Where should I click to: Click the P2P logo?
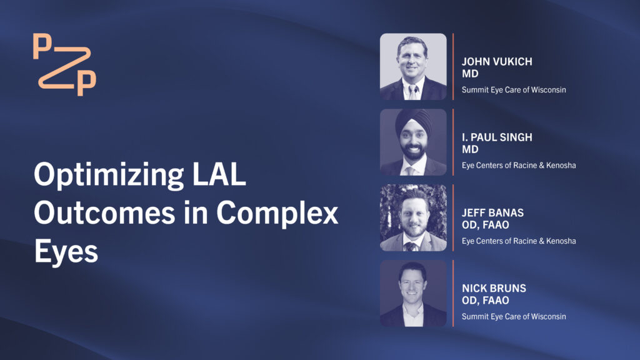[64, 64]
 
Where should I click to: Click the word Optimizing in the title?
[109, 175]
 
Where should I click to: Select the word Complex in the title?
[277, 212]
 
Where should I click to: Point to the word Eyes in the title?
[66, 251]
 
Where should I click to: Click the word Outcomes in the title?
[104, 212]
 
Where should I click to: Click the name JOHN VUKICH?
[497, 62]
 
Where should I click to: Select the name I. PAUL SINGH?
[497, 137]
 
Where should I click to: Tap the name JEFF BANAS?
[492, 212]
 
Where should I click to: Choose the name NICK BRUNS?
[494, 288]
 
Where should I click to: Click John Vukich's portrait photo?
[413, 66]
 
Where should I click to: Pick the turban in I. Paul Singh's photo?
[413, 121]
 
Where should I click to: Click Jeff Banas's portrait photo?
[413, 217]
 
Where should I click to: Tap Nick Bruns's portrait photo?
[413, 293]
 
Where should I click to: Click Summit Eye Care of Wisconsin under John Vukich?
[514, 90]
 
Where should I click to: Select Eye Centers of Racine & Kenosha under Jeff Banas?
[519, 241]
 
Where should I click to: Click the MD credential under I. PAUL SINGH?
[470, 149]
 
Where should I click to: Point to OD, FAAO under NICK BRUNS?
[485, 301]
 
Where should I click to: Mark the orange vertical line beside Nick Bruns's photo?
[453, 293]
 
